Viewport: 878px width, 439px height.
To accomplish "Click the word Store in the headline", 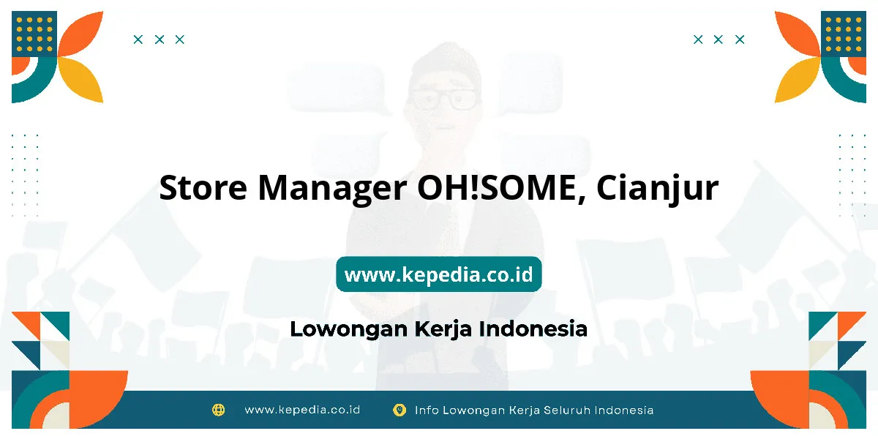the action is point(203,188).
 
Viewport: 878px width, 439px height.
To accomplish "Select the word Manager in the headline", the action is point(332,190).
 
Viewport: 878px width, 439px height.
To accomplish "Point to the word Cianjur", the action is point(657,190).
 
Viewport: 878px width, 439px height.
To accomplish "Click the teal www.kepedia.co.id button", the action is point(439,274).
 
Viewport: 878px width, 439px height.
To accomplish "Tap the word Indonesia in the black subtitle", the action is point(533,329).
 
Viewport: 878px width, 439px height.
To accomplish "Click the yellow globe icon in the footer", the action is point(218,410).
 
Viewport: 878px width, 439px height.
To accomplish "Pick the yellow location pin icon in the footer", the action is point(399,410).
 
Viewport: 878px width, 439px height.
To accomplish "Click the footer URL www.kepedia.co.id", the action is point(302,410).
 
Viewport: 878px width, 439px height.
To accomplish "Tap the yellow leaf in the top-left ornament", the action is point(82,79).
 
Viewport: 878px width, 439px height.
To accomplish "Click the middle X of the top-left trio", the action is point(160,40).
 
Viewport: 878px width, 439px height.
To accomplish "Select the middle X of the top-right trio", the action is point(718,40).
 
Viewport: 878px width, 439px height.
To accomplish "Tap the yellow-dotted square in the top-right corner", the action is point(844,34).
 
